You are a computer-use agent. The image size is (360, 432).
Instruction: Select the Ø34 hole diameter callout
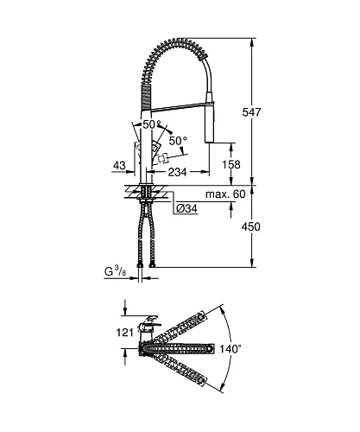[188, 208]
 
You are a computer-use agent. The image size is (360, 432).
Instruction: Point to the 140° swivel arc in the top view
[226, 350]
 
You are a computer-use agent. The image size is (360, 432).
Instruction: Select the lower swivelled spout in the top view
[181, 368]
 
